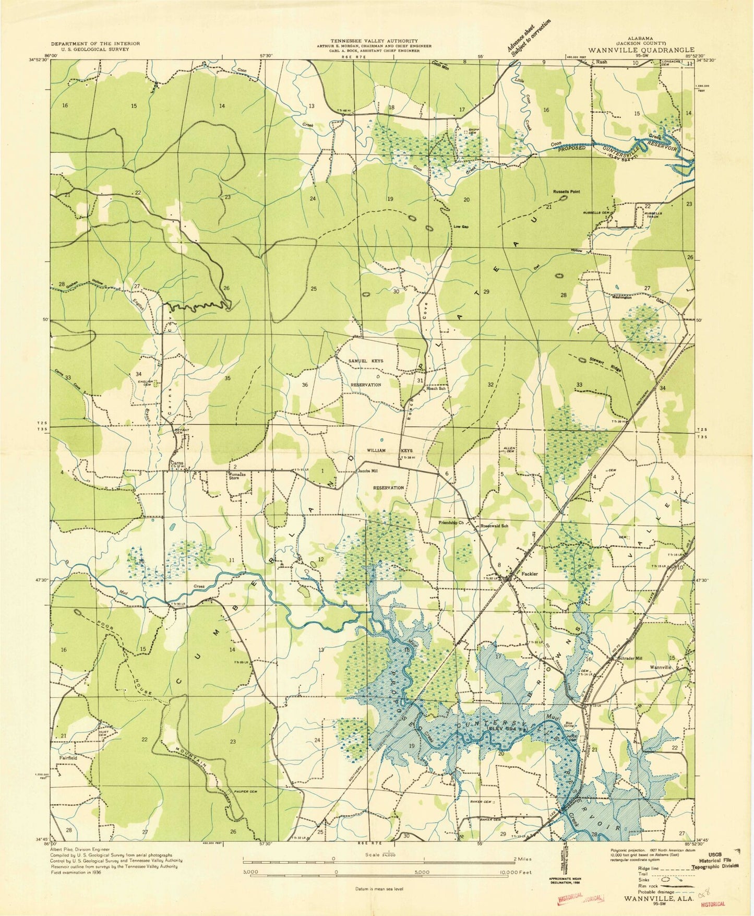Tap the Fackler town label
point(530,574)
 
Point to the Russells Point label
point(566,192)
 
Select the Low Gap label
point(461,227)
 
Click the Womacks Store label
point(237,475)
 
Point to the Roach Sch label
point(436,388)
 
